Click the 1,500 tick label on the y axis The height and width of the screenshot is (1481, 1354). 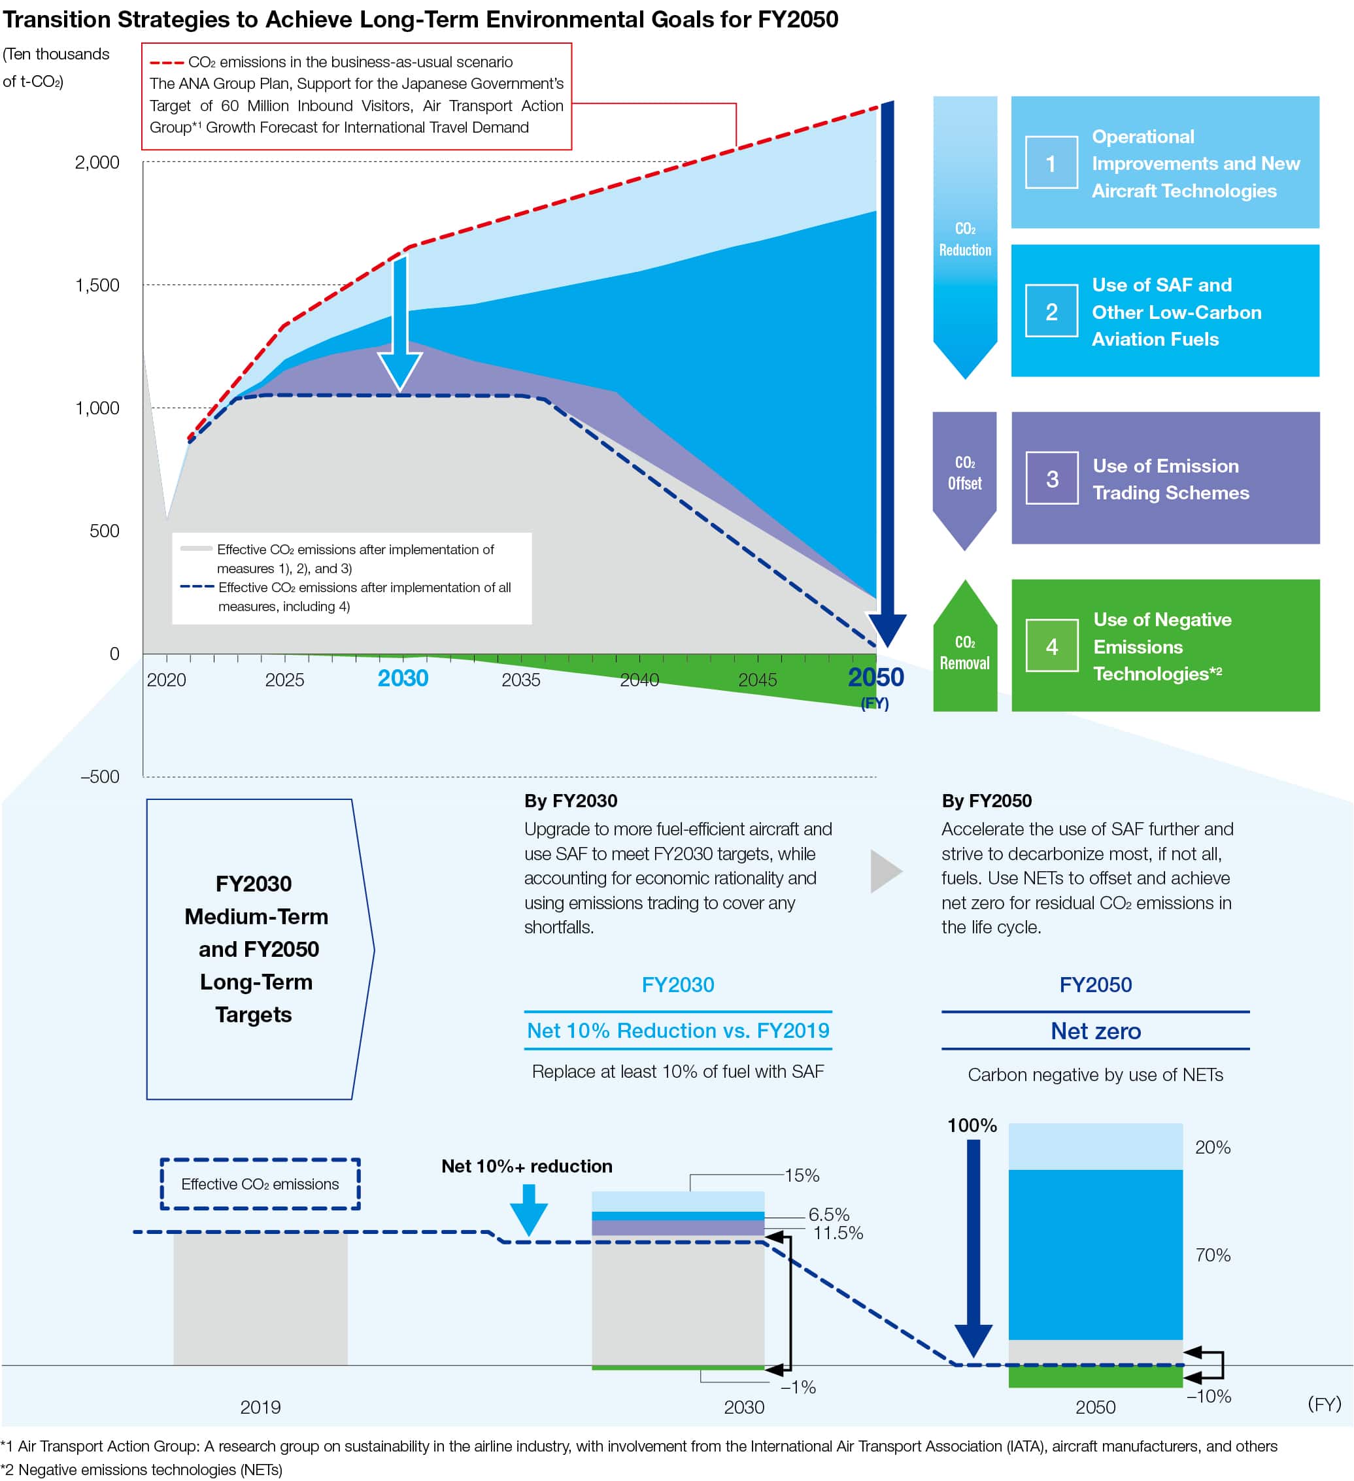point(97,285)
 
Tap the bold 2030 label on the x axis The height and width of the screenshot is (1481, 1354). point(403,678)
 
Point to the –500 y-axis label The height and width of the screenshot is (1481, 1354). point(100,776)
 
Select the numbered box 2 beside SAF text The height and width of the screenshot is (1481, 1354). point(1051,312)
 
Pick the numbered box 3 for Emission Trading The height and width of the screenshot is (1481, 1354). point(1052,478)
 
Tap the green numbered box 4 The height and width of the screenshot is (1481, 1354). point(1052,646)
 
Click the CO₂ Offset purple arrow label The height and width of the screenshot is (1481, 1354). point(964,473)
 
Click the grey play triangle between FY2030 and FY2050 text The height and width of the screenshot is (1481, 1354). point(885,871)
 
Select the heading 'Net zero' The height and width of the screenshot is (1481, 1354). point(1095,1031)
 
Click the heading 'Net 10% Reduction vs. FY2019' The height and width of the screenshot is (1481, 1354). point(677,1030)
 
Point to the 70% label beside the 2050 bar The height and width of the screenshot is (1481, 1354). point(1212,1255)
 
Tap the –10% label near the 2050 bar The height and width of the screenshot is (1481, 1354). point(1209,1396)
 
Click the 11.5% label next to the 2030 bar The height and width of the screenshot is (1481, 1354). point(838,1233)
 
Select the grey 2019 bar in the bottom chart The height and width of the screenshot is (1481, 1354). point(260,1299)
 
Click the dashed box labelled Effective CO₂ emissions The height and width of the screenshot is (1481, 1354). point(260,1184)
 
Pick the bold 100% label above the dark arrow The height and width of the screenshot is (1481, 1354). point(972,1125)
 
